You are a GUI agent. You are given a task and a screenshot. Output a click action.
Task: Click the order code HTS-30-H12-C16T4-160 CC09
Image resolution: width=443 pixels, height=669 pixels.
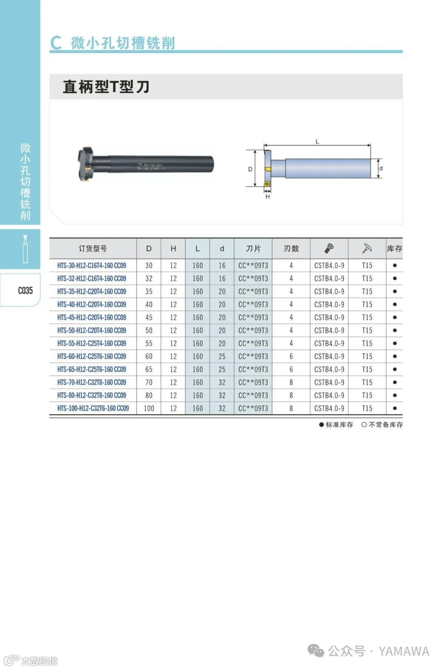pyautogui.click(x=92, y=265)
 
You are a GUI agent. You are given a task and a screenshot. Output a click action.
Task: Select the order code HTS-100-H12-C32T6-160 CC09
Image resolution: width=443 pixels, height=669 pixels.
pyautogui.click(x=93, y=408)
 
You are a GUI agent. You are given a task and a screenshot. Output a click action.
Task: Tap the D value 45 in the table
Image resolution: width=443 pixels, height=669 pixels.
pyautogui.click(x=149, y=317)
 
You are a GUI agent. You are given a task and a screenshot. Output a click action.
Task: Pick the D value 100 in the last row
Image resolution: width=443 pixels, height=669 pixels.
pyautogui.click(x=149, y=408)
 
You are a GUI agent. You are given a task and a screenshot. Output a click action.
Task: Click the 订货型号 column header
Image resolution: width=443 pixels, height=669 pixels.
pyautogui.click(x=93, y=249)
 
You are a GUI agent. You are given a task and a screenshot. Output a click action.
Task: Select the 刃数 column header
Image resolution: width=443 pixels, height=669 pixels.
pyautogui.click(x=291, y=249)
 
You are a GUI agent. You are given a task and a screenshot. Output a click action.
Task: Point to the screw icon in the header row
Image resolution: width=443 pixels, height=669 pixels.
pyautogui.click(x=329, y=248)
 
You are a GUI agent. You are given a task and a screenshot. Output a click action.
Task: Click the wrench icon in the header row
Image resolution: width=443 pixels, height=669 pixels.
pyautogui.click(x=367, y=248)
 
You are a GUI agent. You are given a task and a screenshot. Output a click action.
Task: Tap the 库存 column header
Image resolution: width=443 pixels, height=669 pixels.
pyautogui.click(x=394, y=249)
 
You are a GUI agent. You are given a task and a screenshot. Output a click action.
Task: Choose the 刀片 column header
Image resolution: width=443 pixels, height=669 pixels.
pyautogui.click(x=253, y=249)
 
